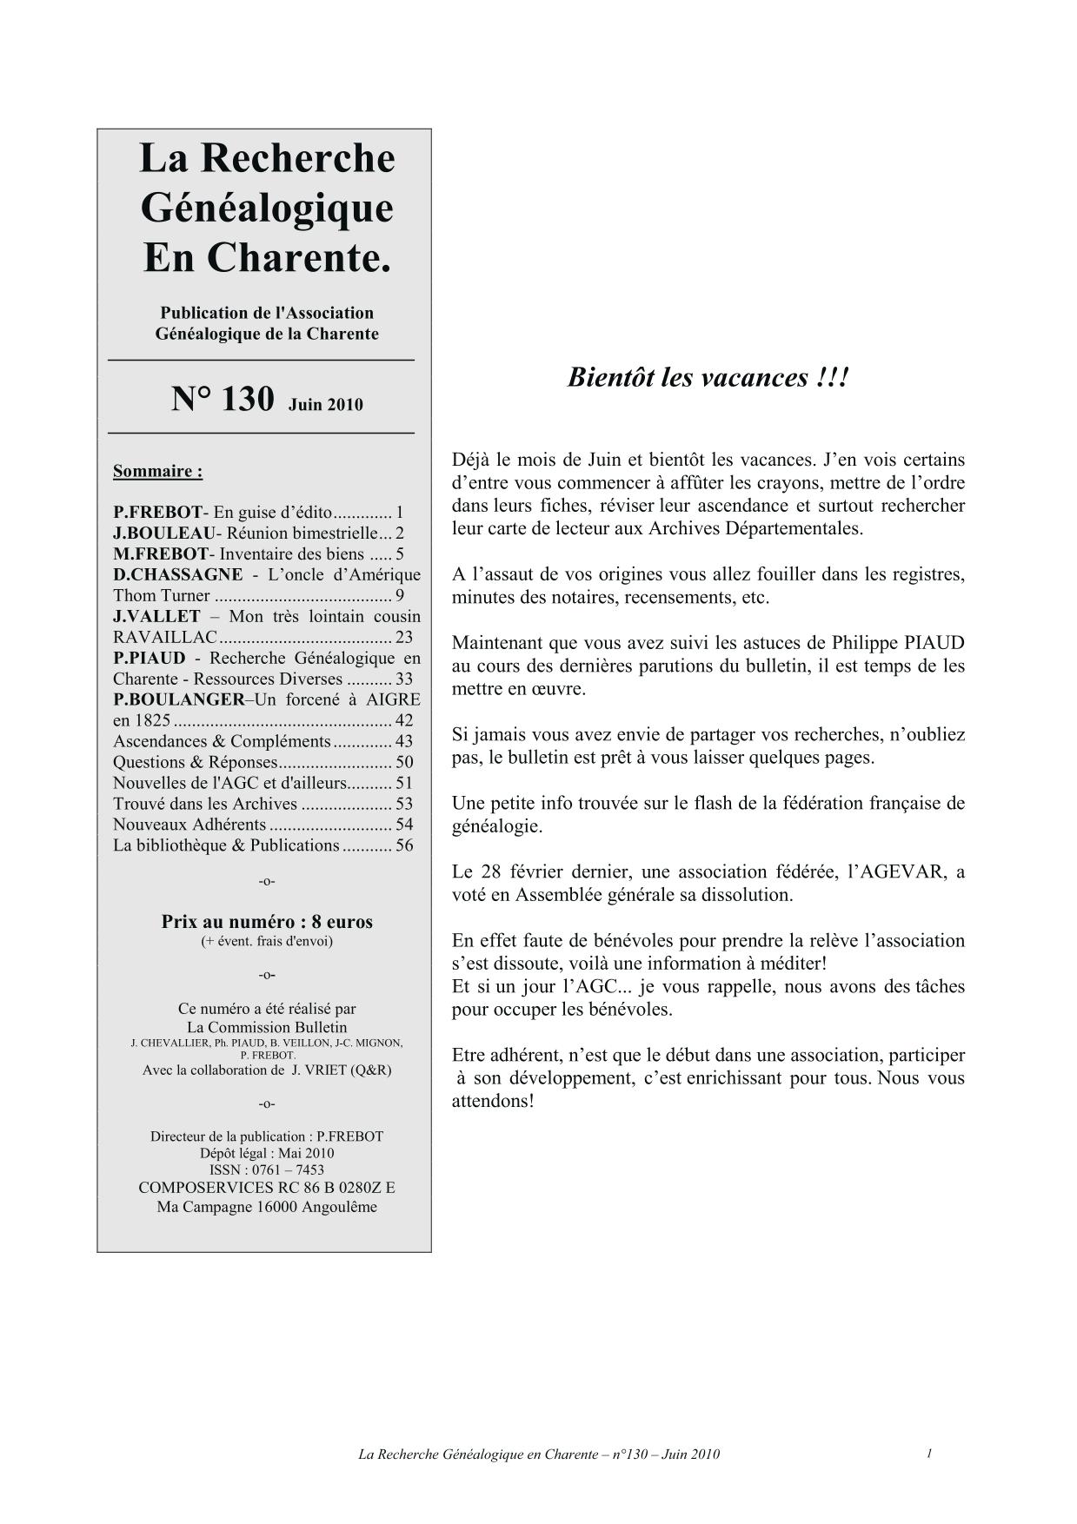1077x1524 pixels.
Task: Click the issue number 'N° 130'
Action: coord(223,400)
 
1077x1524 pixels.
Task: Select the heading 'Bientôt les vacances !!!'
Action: coord(707,378)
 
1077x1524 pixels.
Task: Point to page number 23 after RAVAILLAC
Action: coord(403,637)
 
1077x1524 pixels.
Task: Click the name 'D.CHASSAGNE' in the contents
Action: coord(178,574)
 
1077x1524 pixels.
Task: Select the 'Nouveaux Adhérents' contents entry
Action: coord(189,825)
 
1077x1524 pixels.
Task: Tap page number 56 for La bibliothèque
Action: coord(404,845)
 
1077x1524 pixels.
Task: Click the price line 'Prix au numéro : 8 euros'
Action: coord(267,922)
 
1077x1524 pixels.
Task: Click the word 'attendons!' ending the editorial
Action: coord(492,1101)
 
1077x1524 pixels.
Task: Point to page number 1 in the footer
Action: coord(929,1453)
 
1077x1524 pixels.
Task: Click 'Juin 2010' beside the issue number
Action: coord(326,404)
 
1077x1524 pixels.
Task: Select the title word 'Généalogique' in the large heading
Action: coord(267,208)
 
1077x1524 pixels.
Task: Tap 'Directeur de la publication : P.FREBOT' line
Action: coord(267,1136)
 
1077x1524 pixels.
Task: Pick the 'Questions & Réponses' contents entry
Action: coord(195,762)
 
